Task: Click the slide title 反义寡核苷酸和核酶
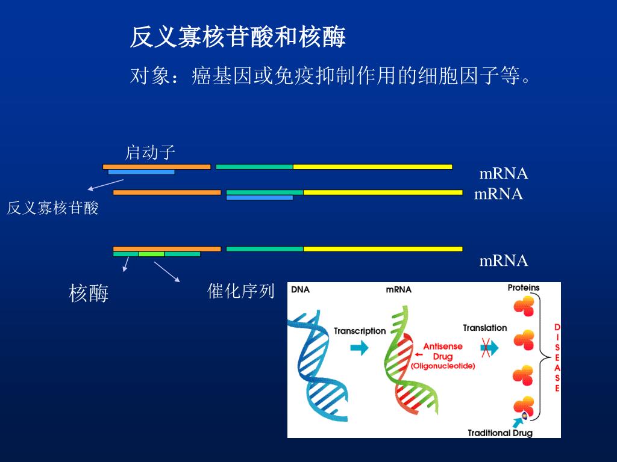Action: click(x=237, y=38)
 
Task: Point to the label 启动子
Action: click(x=150, y=152)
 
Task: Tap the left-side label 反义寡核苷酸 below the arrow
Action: click(x=52, y=209)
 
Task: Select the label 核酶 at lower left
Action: click(x=89, y=294)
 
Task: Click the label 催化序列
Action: click(x=240, y=292)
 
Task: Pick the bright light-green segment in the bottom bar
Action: click(x=151, y=254)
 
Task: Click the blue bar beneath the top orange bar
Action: click(x=141, y=172)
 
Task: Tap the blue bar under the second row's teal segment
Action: click(x=259, y=197)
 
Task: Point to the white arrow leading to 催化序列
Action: click(x=167, y=272)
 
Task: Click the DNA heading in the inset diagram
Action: click(x=300, y=289)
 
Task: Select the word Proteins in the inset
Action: click(x=523, y=288)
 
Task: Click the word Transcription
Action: click(x=359, y=331)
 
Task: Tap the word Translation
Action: click(x=484, y=328)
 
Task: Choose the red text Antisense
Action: click(x=443, y=346)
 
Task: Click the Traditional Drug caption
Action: click(x=500, y=433)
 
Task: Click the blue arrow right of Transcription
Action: click(x=359, y=348)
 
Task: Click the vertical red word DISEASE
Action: click(x=557, y=358)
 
